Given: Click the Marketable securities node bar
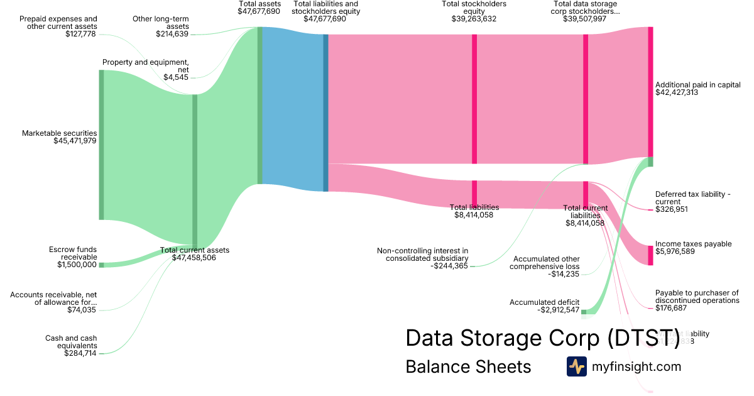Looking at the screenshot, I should [101, 145].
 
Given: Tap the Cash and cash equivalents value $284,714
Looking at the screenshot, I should [80, 353].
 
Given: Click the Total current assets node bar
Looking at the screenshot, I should [195, 170].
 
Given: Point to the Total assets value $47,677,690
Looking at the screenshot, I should [259, 11].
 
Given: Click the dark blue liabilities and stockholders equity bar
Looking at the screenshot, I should [325, 113].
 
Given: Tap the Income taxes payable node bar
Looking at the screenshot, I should [650, 255].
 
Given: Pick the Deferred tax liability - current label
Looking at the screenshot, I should [692, 198].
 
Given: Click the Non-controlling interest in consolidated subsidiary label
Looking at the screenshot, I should [422, 254].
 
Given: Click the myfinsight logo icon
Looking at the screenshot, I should [576, 366].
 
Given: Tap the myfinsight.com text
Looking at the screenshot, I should [637, 366].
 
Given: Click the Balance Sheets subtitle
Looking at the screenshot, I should [468, 366].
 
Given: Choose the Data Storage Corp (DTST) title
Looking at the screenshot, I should [542, 338].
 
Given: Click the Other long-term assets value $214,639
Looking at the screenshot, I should [172, 34].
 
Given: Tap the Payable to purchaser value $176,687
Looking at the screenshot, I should [671, 308].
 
